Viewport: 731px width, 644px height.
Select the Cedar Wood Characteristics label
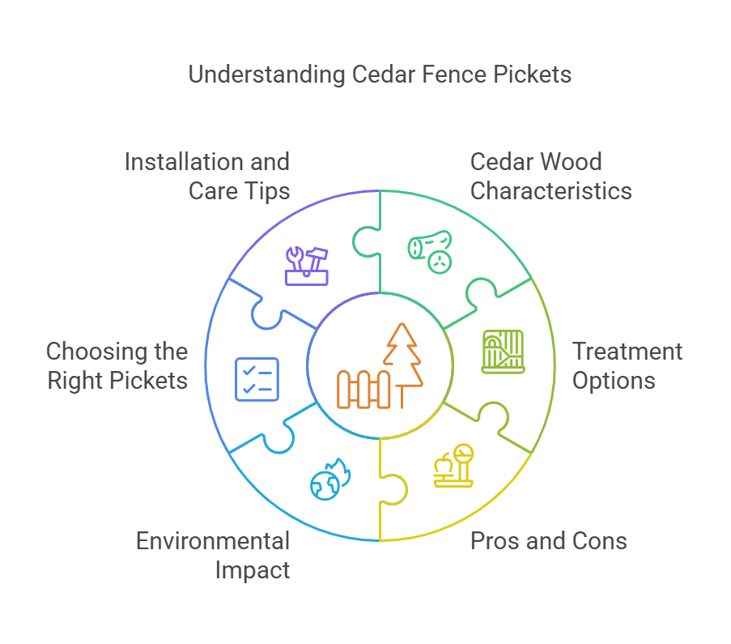click(550, 176)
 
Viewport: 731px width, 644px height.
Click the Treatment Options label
click(627, 366)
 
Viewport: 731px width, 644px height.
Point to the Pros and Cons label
click(549, 541)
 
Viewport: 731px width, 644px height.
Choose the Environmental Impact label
click(213, 555)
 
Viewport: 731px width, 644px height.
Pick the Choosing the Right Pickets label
click(117, 366)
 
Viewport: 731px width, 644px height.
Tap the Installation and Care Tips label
click(207, 176)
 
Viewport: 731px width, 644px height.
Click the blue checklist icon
click(257, 379)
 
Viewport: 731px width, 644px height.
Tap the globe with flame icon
click(329, 480)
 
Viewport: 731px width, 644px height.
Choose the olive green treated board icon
click(503, 352)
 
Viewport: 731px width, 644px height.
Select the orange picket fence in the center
click(364, 389)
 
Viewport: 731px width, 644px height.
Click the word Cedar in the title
click(382, 75)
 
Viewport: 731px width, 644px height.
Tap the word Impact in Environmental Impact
click(253, 569)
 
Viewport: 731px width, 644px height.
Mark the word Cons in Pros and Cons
click(600, 541)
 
